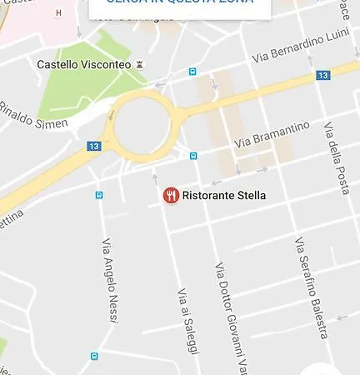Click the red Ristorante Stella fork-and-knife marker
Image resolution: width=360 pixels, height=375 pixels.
[x=171, y=196]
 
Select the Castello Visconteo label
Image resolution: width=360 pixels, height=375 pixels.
[x=84, y=64]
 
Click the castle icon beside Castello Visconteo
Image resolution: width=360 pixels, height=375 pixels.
[x=139, y=64]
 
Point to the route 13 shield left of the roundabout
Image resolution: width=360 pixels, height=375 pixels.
[x=93, y=146]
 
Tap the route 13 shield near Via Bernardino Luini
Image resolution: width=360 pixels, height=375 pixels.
[x=323, y=76]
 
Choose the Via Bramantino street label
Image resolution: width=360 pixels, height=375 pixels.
[x=272, y=135]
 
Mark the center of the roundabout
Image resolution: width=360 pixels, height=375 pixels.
[x=142, y=125]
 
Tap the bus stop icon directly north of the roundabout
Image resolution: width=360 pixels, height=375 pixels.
[x=193, y=72]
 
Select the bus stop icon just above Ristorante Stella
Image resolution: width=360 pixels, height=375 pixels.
[x=193, y=155]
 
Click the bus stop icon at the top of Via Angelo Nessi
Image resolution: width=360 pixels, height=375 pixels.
[x=99, y=195]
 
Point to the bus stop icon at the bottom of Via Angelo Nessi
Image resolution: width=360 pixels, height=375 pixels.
[x=94, y=357]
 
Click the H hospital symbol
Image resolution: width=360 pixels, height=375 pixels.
[x=57, y=13]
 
